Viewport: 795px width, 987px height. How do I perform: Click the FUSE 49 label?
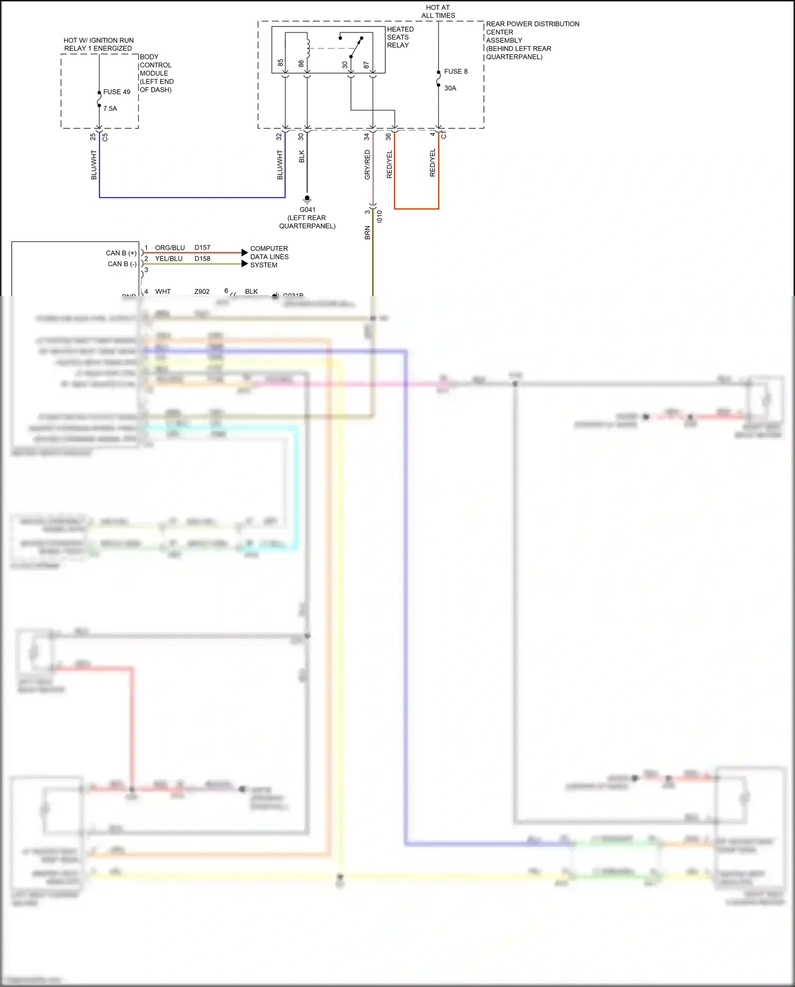(117, 92)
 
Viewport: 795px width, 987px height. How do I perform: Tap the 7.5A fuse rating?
(110, 109)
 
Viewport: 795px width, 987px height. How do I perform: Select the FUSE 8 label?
(456, 72)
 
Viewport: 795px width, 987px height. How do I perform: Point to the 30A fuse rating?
(450, 89)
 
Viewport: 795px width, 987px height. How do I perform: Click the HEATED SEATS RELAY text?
(400, 37)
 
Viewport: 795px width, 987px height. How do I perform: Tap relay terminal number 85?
(280, 63)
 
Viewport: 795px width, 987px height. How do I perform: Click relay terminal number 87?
(366, 65)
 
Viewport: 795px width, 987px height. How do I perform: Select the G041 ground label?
(307, 209)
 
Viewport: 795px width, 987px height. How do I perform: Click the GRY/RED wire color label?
(367, 164)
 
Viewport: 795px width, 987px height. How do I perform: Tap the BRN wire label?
(367, 233)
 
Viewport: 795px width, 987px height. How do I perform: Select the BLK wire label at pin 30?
(302, 156)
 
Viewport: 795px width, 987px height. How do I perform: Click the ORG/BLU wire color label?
(170, 248)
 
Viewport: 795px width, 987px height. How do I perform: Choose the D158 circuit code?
(202, 259)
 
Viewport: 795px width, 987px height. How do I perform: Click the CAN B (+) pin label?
(121, 253)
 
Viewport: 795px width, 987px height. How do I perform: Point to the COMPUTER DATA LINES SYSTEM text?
(269, 257)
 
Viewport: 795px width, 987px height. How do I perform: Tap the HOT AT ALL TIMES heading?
(438, 12)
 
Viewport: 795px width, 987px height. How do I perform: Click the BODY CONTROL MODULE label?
(156, 73)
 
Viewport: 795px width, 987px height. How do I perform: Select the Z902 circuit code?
(202, 292)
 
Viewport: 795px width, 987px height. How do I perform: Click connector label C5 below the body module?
(105, 137)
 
